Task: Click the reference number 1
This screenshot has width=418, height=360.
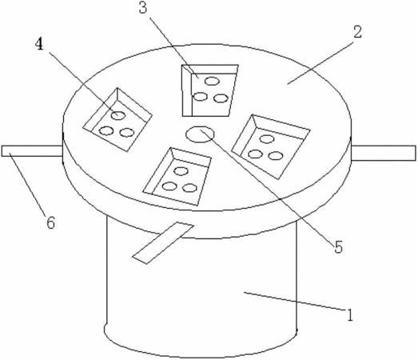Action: (349, 314)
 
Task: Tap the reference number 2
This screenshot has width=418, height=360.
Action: (358, 32)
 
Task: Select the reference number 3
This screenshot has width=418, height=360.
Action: (143, 8)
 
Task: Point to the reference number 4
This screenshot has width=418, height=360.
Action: (39, 45)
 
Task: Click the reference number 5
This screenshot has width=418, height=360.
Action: (338, 247)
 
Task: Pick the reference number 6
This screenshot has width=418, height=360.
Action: (50, 222)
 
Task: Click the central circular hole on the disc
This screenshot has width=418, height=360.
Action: (200, 134)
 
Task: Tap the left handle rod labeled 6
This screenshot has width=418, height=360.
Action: (32, 150)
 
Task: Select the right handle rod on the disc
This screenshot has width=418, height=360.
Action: (384, 153)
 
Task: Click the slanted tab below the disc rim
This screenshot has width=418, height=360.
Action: (163, 243)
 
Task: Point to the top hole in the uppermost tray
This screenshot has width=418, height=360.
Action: (212, 81)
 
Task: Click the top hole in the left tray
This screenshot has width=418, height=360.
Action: (118, 115)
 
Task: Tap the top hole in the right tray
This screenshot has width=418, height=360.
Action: (267, 139)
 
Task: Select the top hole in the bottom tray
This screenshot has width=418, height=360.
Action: (181, 171)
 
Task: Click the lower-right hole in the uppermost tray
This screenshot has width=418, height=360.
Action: (221, 98)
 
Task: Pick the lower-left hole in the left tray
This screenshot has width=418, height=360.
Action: (106, 130)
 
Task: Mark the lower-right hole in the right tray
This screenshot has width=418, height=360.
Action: (276, 155)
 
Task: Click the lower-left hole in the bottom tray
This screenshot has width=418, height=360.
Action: (169, 186)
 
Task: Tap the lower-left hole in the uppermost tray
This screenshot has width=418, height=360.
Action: (200, 97)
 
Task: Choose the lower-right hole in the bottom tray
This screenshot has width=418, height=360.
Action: (189, 188)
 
